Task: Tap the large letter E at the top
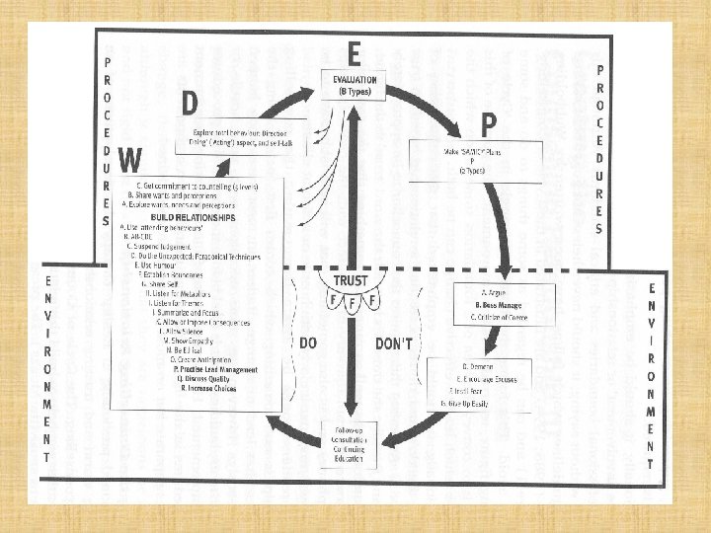tap(353, 51)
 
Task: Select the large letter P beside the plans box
tap(488, 125)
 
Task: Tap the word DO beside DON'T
tap(308, 343)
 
